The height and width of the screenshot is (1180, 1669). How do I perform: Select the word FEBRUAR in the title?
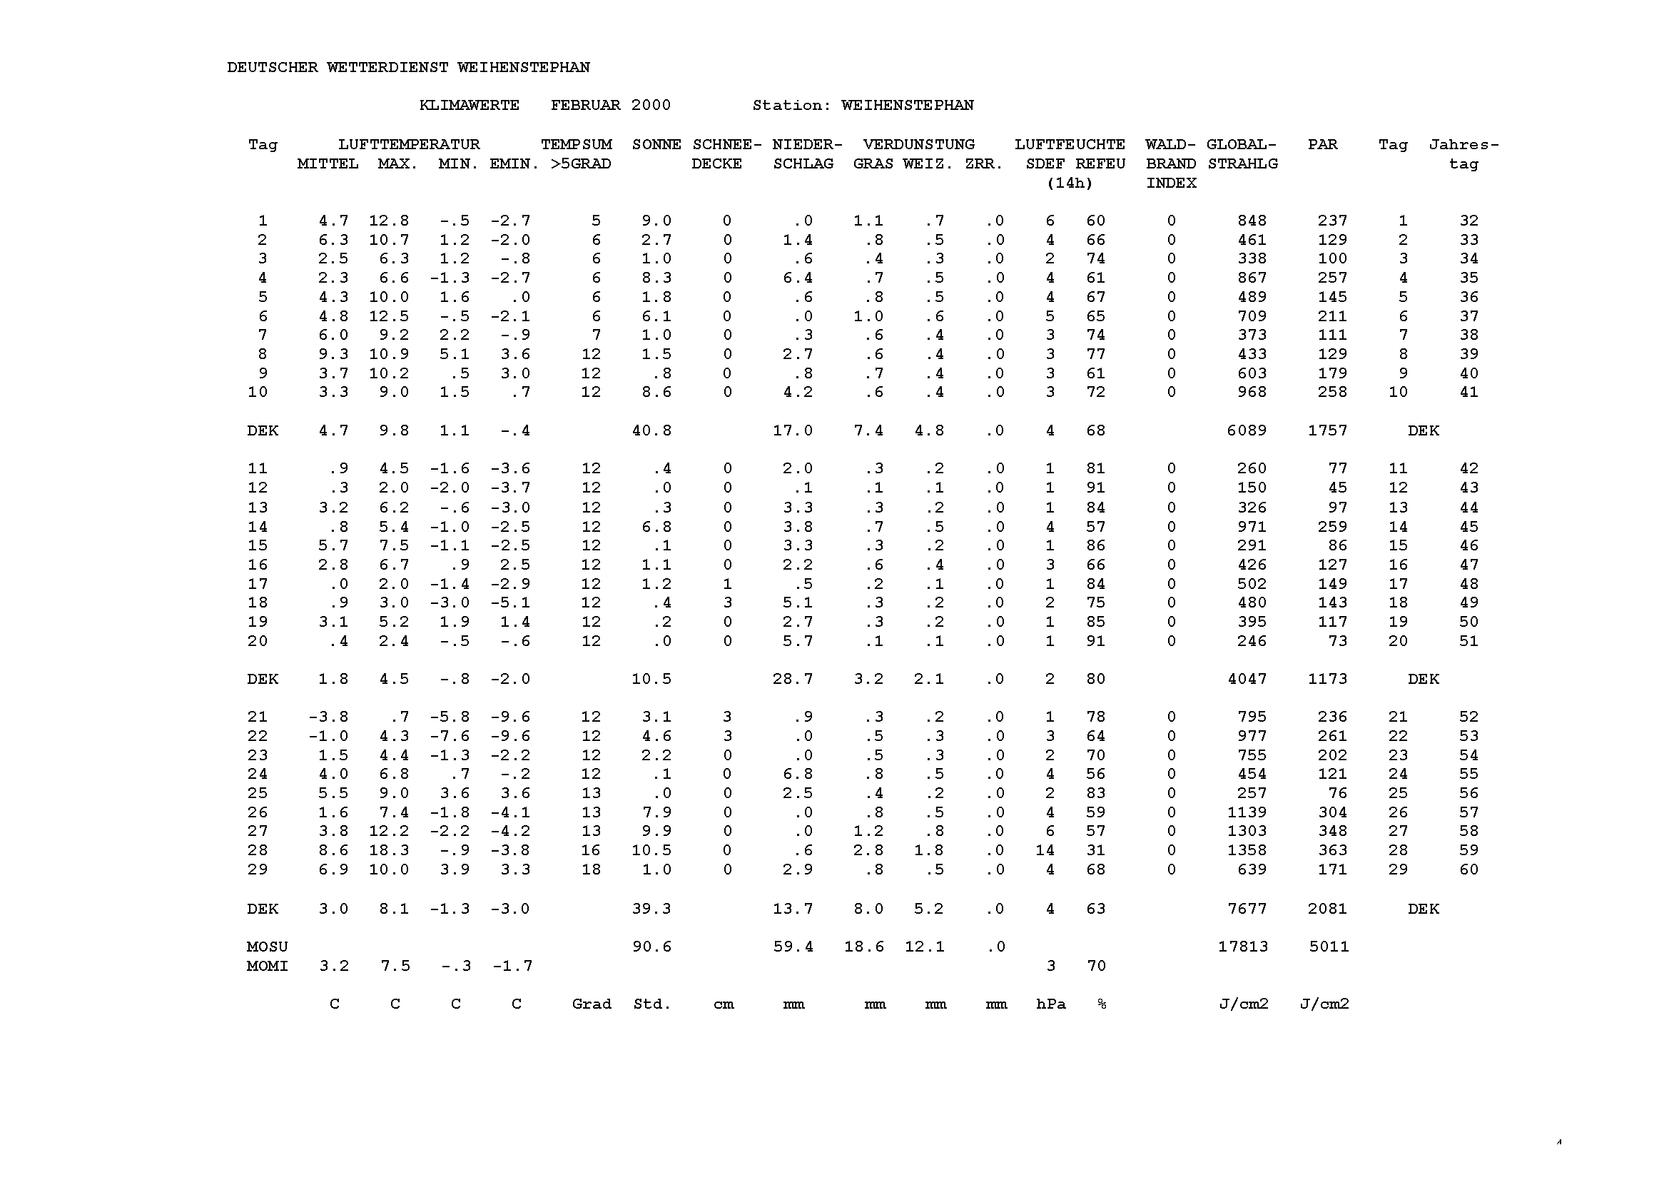(585, 106)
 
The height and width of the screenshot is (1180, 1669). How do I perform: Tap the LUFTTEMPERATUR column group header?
(409, 145)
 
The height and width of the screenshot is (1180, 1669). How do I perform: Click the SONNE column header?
(656, 145)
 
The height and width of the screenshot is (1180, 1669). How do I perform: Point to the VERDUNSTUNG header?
(919, 145)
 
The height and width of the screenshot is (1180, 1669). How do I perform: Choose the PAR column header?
(1322, 145)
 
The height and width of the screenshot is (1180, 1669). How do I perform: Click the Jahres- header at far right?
(1463, 145)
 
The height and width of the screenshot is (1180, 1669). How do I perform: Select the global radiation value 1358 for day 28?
(1247, 851)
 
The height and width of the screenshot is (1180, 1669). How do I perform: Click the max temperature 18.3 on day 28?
(389, 851)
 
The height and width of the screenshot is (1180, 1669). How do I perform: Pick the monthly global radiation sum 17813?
(1243, 947)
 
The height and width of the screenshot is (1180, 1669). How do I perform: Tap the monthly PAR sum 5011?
(1329, 947)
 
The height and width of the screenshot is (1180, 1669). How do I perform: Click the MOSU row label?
(267, 947)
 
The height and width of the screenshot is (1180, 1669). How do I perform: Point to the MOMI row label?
(267, 967)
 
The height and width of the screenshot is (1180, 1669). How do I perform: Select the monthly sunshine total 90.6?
(652, 947)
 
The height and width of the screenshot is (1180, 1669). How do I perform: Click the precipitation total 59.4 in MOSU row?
(793, 947)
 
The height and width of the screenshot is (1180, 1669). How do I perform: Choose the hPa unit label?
(1051, 1005)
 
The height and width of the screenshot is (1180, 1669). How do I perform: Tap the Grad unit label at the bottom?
(591, 1005)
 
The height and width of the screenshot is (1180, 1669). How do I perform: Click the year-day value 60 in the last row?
(1468, 869)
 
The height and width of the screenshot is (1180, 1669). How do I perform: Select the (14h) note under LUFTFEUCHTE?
(1070, 183)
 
